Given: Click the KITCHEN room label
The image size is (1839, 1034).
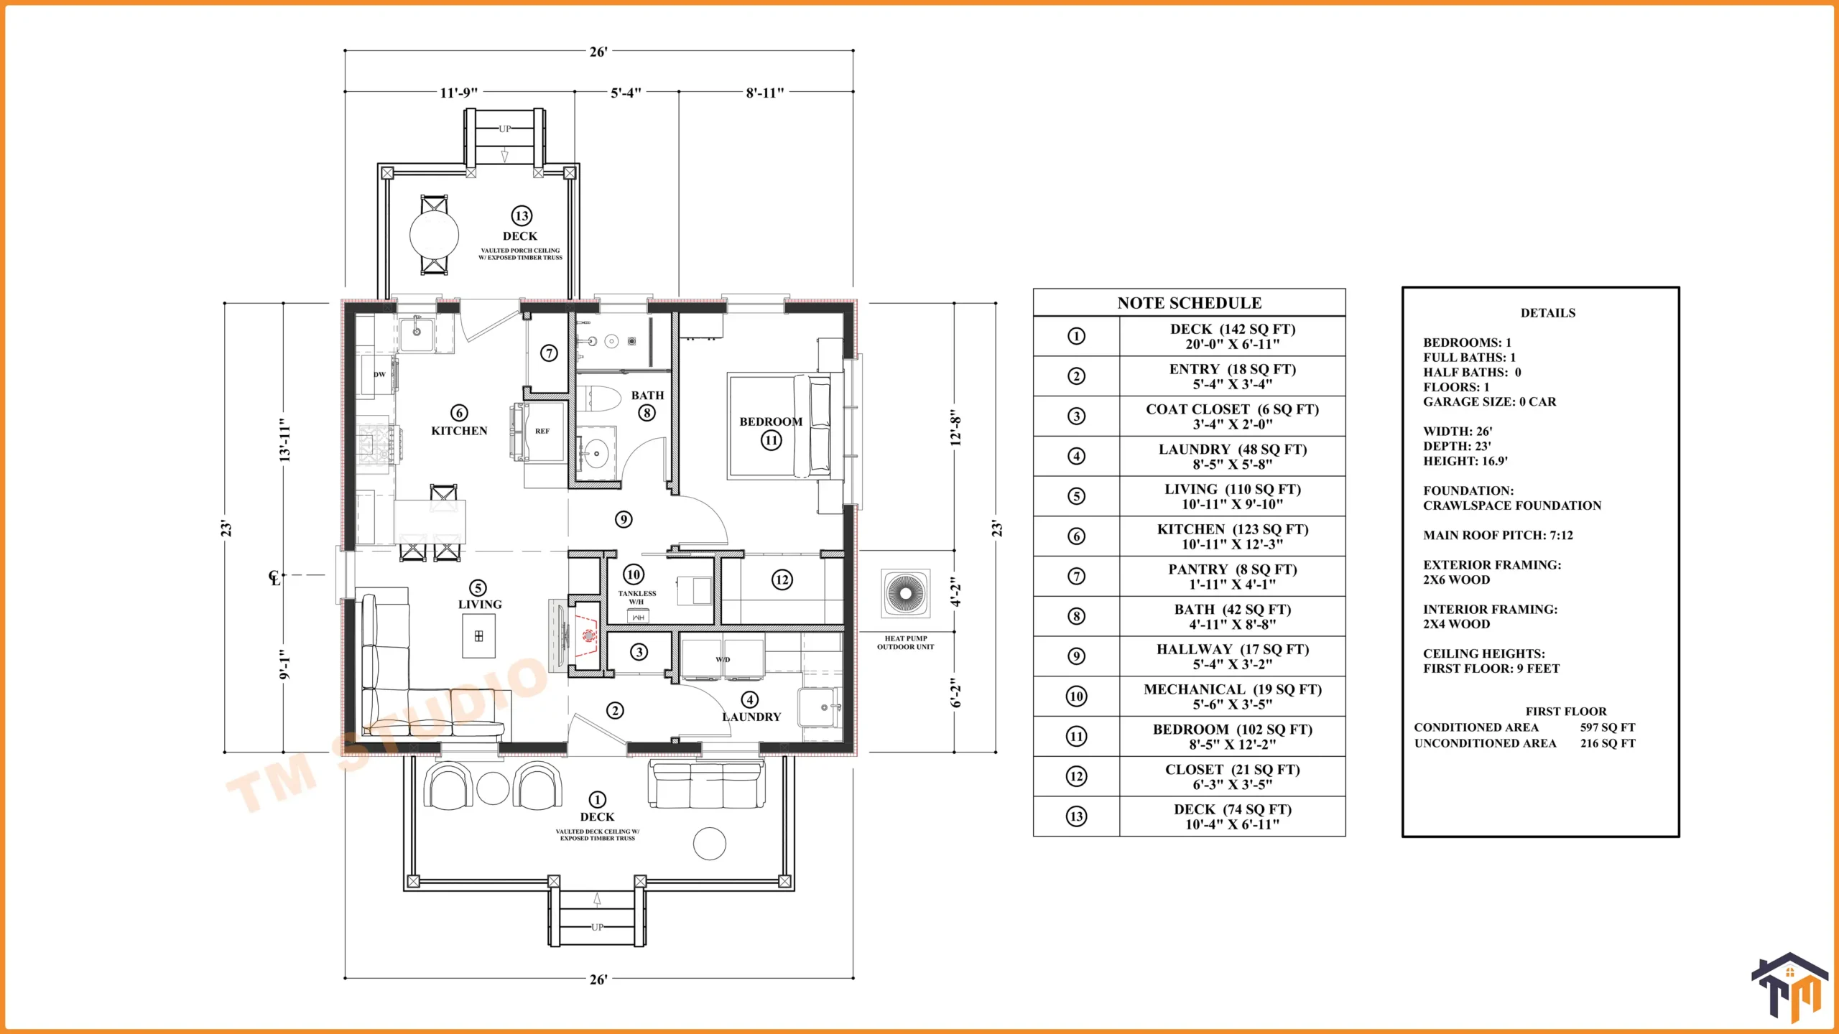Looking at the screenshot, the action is click(x=459, y=431).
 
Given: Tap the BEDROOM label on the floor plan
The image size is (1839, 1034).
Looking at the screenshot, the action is click(x=771, y=421).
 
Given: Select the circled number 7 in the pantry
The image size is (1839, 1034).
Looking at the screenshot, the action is click(x=549, y=353).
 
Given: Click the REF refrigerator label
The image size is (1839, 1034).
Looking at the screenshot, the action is click(x=542, y=432).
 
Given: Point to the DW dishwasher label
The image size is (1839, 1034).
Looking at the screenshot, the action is click(x=379, y=374).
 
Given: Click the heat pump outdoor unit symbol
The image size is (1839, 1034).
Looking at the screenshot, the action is click(x=905, y=593).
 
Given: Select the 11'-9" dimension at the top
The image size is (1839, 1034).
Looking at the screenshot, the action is click(x=458, y=93).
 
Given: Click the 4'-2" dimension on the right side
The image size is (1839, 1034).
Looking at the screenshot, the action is click(x=955, y=592).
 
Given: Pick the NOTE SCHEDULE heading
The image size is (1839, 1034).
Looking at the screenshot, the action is click(x=1189, y=303).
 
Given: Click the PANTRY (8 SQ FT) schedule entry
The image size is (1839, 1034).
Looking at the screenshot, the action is click(x=1233, y=569).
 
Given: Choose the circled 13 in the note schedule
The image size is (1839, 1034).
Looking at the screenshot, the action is click(x=1076, y=816).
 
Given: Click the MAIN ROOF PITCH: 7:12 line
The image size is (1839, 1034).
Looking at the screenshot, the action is click(x=1498, y=535).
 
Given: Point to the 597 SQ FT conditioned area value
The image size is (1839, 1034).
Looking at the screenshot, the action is click(x=1608, y=727).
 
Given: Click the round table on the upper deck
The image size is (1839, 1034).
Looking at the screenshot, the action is click(x=434, y=234).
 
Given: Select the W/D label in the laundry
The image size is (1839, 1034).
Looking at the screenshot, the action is click(x=723, y=659).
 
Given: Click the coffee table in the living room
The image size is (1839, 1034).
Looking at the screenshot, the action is click(x=478, y=635).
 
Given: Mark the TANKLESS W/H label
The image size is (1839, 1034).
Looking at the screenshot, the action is click(x=637, y=597).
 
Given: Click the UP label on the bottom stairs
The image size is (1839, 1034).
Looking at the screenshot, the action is click(x=597, y=927).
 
